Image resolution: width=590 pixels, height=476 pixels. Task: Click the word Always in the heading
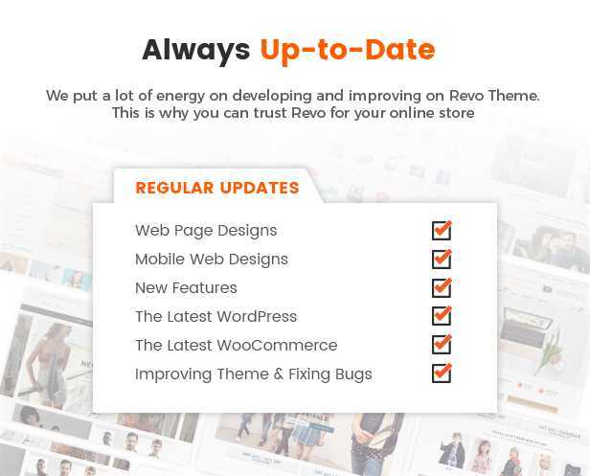tap(196, 51)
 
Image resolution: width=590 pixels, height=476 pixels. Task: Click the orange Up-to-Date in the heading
tap(348, 50)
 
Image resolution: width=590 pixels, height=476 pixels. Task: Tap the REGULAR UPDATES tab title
tap(217, 188)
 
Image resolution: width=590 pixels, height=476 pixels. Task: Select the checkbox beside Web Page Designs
tap(442, 230)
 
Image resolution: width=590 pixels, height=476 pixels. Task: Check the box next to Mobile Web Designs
tap(442, 259)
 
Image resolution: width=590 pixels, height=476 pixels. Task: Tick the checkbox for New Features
tap(442, 288)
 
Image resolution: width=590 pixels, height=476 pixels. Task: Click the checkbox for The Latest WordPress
tap(442, 316)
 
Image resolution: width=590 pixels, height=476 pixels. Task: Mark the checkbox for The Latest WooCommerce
tap(442, 345)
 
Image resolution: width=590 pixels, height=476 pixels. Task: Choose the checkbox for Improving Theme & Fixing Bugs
tap(442, 374)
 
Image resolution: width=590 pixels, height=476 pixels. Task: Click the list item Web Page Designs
tap(206, 231)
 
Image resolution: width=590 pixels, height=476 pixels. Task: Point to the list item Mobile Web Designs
tap(212, 260)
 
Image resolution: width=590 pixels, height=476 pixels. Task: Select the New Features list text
tap(186, 288)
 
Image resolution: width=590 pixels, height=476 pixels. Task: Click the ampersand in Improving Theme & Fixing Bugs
tap(279, 374)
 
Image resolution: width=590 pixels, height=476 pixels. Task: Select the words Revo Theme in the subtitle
tap(494, 95)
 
